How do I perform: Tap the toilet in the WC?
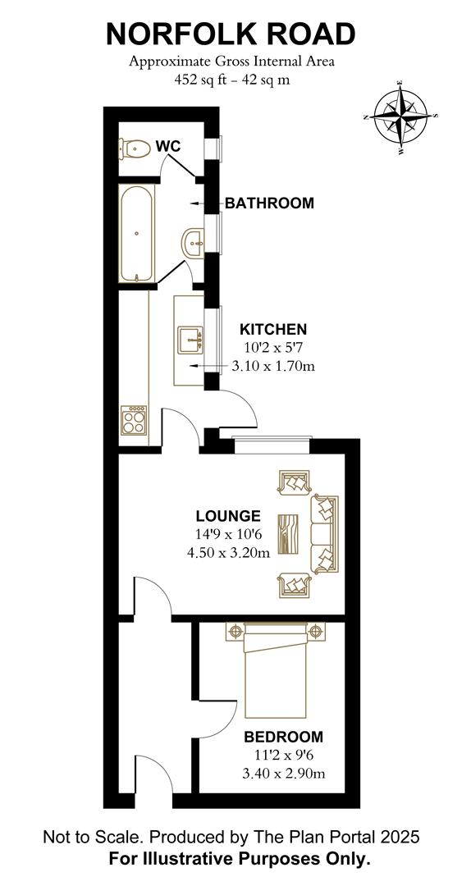tap(134, 148)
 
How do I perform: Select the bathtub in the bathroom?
tap(136, 232)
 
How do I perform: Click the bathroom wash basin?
tap(193, 243)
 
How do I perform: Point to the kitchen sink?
tap(190, 340)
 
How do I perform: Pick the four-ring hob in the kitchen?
tap(134, 420)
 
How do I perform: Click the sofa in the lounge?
tap(324, 534)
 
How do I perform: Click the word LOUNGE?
tap(228, 516)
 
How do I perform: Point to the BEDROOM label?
tap(283, 737)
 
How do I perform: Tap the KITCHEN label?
tap(273, 329)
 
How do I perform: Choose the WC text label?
tap(168, 146)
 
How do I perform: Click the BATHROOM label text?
tap(269, 203)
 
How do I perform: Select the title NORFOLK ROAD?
tap(231, 34)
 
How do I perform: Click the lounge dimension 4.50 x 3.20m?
tap(228, 553)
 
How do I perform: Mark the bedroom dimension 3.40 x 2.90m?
tap(283, 774)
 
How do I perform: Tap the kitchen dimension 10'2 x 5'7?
tap(273, 348)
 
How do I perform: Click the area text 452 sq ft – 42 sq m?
tap(232, 80)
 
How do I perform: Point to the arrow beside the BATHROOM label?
tap(197, 203)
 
